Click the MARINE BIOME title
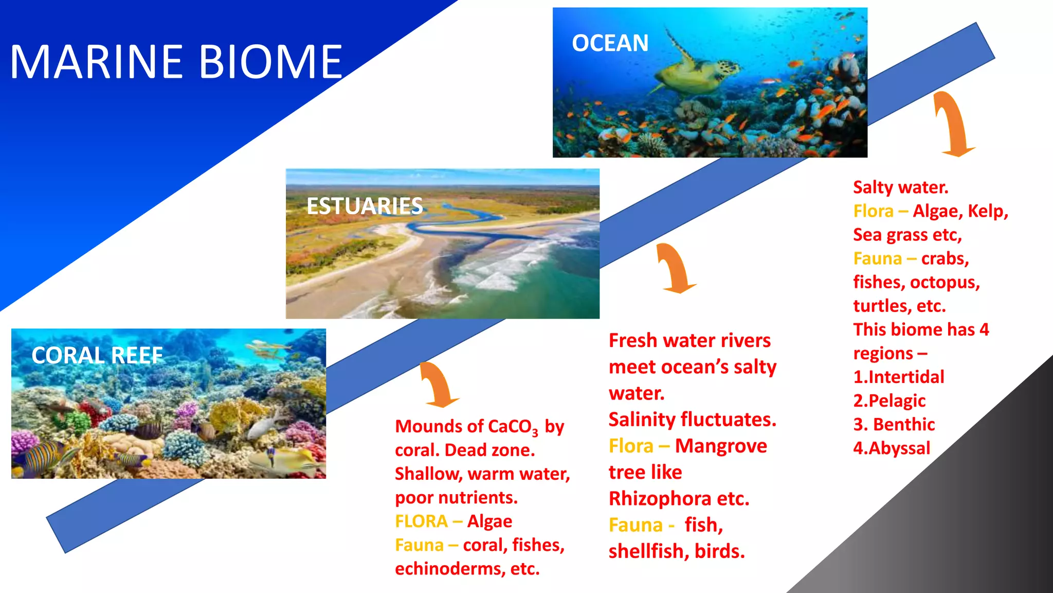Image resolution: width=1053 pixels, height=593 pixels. coord(176,62)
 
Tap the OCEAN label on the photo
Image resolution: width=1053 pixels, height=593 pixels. coord(610,43)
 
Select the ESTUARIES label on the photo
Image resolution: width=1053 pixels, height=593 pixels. coord(364,206)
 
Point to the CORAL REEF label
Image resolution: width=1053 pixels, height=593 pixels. coord(97,356)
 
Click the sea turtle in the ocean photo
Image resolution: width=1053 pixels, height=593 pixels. coord(694,72)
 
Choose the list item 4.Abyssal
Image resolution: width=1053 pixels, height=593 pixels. coord(892,448)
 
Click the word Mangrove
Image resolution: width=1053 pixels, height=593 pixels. coord(720,446)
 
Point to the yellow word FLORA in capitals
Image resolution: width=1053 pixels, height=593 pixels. coord(421,521)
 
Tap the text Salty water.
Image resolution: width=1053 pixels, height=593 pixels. coord(900,187)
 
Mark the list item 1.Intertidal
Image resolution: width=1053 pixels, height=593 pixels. coord(898,377)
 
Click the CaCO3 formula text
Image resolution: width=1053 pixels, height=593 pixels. coord(512,427)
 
